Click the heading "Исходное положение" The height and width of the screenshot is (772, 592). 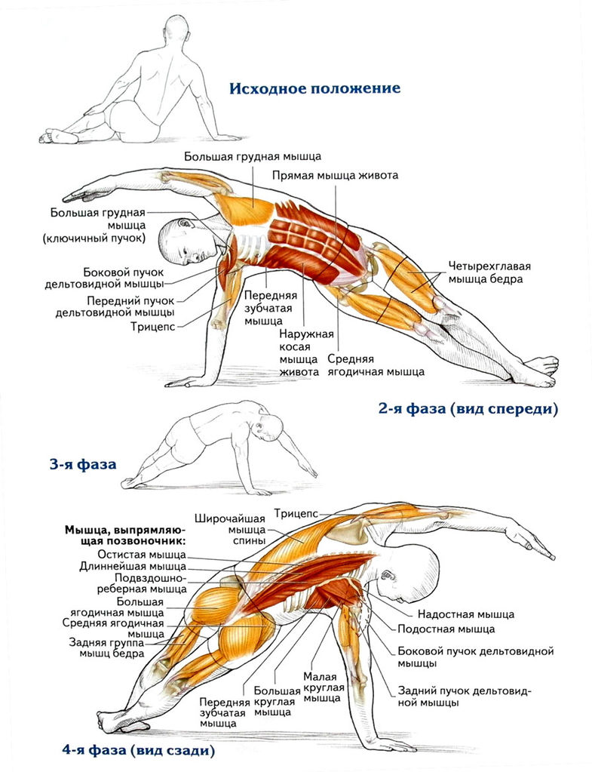click(x=314, y=88)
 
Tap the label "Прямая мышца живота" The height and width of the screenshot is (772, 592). click(x=336, y=175)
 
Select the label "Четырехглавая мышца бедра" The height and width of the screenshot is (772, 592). click(x=489, y=272)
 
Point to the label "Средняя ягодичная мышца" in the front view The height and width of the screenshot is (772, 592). click(x=376, y=365)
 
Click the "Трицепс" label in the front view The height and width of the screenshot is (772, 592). click(x=153, y=327)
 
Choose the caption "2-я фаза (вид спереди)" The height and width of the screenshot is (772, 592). click(x=468, y=410)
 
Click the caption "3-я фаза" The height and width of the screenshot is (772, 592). click(x=83, y=464)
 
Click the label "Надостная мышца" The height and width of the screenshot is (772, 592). click(x=465, y=614)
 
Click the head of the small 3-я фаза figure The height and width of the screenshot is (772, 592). click(x=268, y=426)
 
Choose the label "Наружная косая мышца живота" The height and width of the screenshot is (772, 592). click(x=299, y=352)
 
